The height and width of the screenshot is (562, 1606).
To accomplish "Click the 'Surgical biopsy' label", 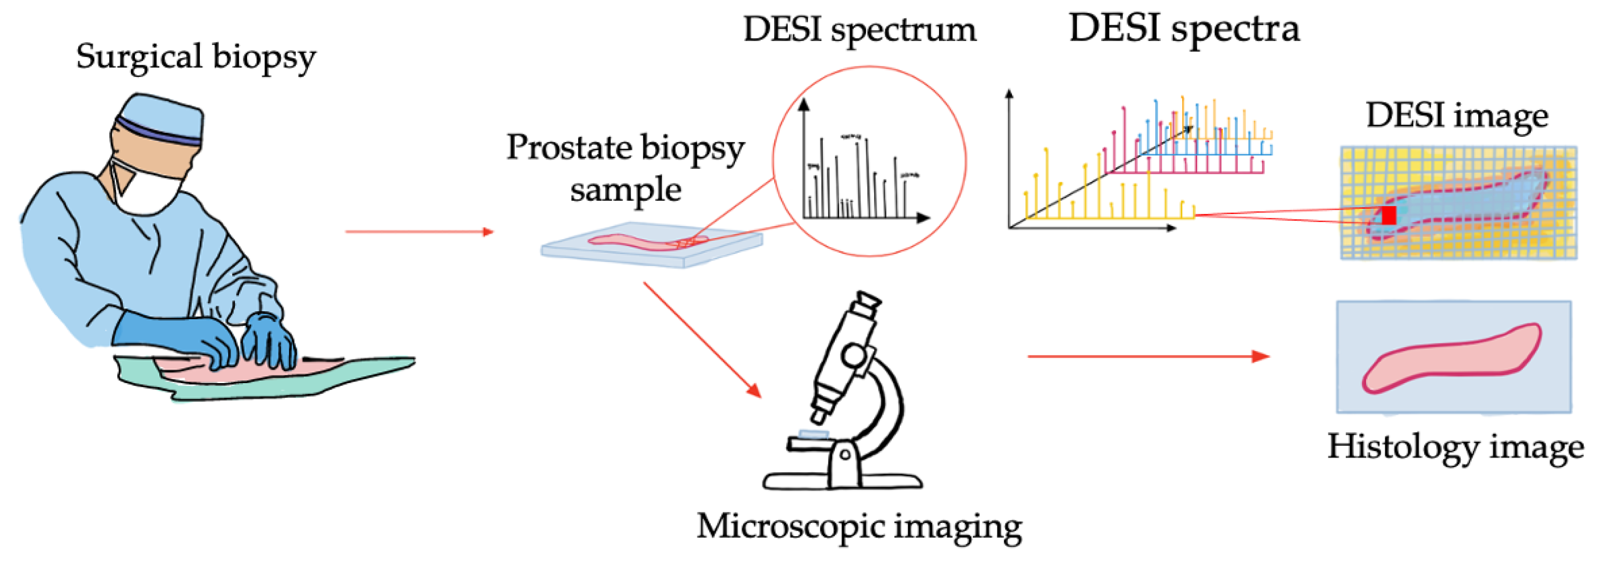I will point(196,57).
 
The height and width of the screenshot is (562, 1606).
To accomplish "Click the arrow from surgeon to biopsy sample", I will point(419,232).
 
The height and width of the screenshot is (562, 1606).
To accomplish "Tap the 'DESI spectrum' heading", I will point(860,30).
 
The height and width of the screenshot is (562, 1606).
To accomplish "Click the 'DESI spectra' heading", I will point(1184,29).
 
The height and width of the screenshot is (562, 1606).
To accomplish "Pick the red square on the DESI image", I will point(1388,215).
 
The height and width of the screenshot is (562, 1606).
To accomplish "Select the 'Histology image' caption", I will point(1455,447).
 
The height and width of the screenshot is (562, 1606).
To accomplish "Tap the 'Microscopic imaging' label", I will point(859,527).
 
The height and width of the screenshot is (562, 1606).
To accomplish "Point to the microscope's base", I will point(842,481).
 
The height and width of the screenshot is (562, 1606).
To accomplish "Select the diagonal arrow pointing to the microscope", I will point(702,339).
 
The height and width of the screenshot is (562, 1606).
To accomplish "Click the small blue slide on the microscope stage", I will point(814,434).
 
